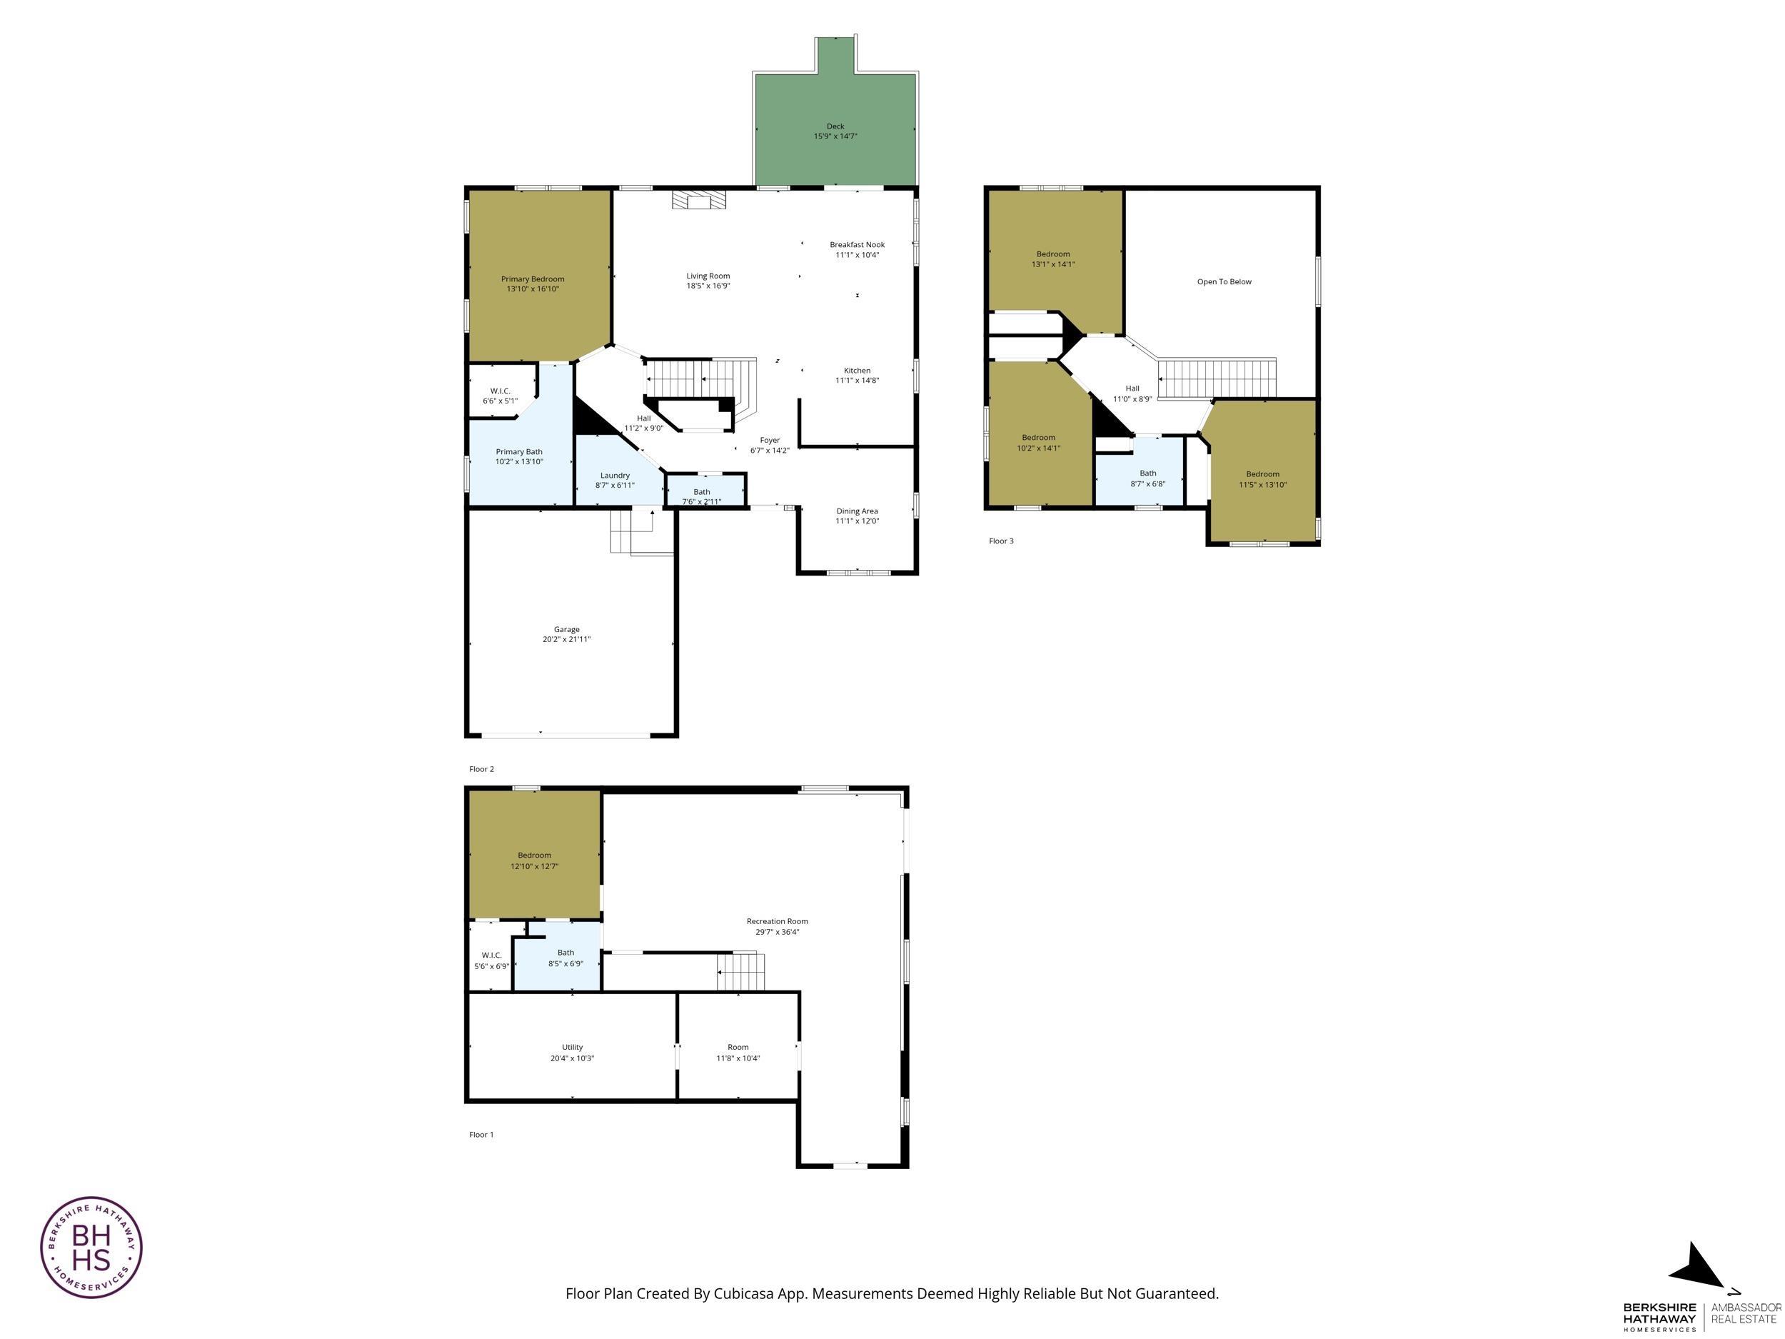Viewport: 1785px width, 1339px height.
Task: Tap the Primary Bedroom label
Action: click(533, 279)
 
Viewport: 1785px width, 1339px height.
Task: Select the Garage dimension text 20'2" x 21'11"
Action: click(566, 639)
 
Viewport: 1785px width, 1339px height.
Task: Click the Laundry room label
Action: click(615, 476)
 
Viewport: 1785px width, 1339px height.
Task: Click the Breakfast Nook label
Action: click(857, 244)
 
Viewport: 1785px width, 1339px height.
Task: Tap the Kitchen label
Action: click(857, 371)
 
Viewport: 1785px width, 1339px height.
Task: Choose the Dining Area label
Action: click(857, 511)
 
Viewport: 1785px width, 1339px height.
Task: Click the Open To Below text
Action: click(1225, 281)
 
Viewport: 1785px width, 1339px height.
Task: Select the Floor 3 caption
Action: click(1002, 541)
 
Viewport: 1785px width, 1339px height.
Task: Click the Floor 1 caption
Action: click(482, 1134)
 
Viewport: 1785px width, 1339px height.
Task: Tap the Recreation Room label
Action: click(777, 921)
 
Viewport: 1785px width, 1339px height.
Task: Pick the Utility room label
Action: click(572, 1047)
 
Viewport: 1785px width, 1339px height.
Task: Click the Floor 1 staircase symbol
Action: click(742, 971)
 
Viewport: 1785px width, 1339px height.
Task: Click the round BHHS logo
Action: click(91, 1247)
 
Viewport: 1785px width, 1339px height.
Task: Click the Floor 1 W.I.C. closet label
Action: click(491, 955)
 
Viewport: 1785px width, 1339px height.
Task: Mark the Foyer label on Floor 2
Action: click(770, 440)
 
